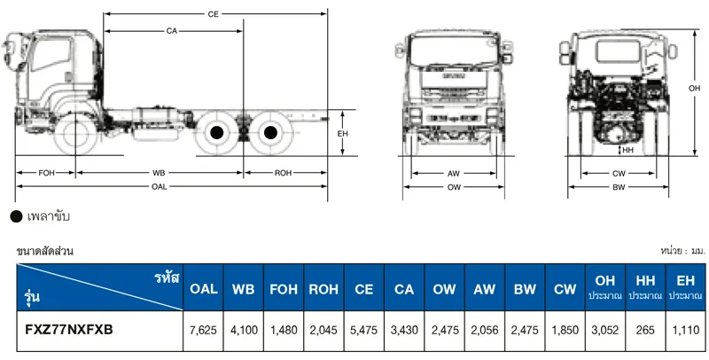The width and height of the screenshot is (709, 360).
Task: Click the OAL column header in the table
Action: coord(204,289)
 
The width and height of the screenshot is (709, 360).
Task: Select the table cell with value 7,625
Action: coord(204,330)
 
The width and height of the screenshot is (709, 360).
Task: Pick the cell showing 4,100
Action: coord(244,330)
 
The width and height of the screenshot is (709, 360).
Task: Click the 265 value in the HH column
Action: coord(644,330)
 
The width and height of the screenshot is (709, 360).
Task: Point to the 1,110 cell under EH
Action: coord(685,330)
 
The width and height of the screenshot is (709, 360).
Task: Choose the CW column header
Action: coord(565,289)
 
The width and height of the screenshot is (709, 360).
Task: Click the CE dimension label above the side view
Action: coord(213,14)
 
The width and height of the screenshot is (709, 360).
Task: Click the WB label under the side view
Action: coord(160,172)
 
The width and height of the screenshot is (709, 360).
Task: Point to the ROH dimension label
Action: coord(284,172)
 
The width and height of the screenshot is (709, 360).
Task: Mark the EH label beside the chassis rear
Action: coord(342,133)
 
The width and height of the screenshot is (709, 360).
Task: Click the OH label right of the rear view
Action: coord(694,89)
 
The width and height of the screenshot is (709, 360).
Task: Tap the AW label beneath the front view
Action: coord(453,173)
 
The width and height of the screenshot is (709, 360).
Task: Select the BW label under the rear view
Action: coord(618,188)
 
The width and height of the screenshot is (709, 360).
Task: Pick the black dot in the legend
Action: coord(15,216)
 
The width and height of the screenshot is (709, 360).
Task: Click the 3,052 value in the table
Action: coord(605,330)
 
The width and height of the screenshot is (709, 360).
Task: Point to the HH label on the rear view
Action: coord(627,151)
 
